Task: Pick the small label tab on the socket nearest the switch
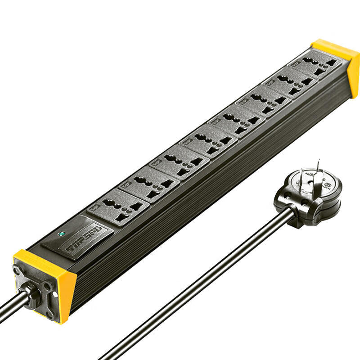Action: (95, 207)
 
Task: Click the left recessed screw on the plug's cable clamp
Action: (284, 198)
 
